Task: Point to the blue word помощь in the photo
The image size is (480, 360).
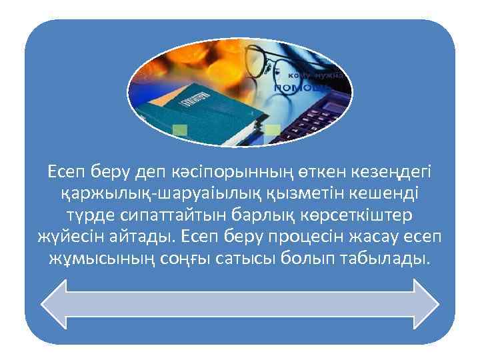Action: (300, 87)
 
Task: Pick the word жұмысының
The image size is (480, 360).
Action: (100, 258)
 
